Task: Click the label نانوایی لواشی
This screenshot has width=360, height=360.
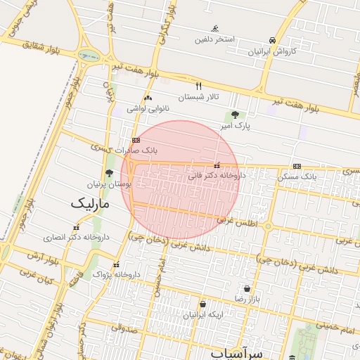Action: pos(148,109)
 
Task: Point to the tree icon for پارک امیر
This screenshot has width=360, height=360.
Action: pos(235,115)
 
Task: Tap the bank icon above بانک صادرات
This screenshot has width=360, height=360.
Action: pos(136,140)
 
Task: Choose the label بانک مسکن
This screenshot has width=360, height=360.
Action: pos(297,176)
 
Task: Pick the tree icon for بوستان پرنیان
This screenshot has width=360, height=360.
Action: pos(109,172)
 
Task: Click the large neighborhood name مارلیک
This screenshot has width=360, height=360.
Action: pos(91,204)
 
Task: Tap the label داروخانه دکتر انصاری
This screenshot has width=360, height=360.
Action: pos(76,238)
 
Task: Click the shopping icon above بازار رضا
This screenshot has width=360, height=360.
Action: pos(247,288)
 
